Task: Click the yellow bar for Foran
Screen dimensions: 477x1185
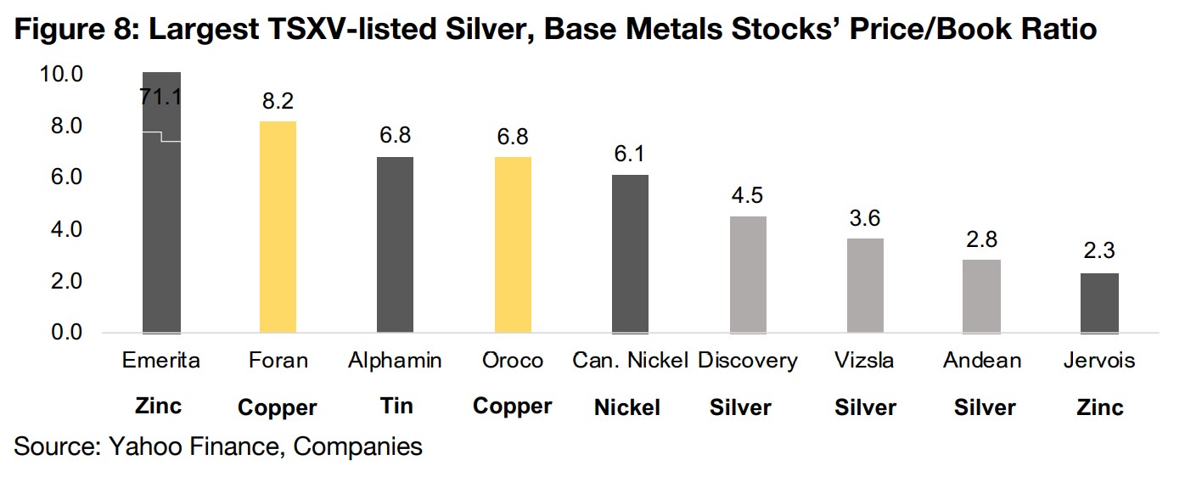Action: [278, 227]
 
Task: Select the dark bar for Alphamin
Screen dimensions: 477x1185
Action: [395, 244]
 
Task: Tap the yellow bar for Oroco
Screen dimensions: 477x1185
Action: [513, 244]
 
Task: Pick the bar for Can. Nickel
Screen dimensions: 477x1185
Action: [630, 254]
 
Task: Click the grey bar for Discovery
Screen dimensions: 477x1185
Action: [748, 274]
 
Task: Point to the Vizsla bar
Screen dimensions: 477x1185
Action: [865, 285]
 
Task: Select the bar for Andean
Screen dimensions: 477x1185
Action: [982, 295]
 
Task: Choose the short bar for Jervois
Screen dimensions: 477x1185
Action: [1100, 302]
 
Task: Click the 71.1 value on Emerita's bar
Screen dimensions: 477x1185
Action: [161, 98]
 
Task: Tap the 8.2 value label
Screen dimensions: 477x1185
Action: [278, 102]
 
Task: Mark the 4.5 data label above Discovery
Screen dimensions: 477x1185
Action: [748, 196]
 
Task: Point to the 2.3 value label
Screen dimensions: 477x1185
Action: [1100, 252]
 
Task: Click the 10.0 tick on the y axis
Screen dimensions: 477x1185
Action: [60, 75]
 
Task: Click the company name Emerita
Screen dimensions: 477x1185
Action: [160, 361]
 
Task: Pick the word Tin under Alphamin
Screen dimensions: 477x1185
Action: [395, 406]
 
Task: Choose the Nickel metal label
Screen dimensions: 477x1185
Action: [630, 407]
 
